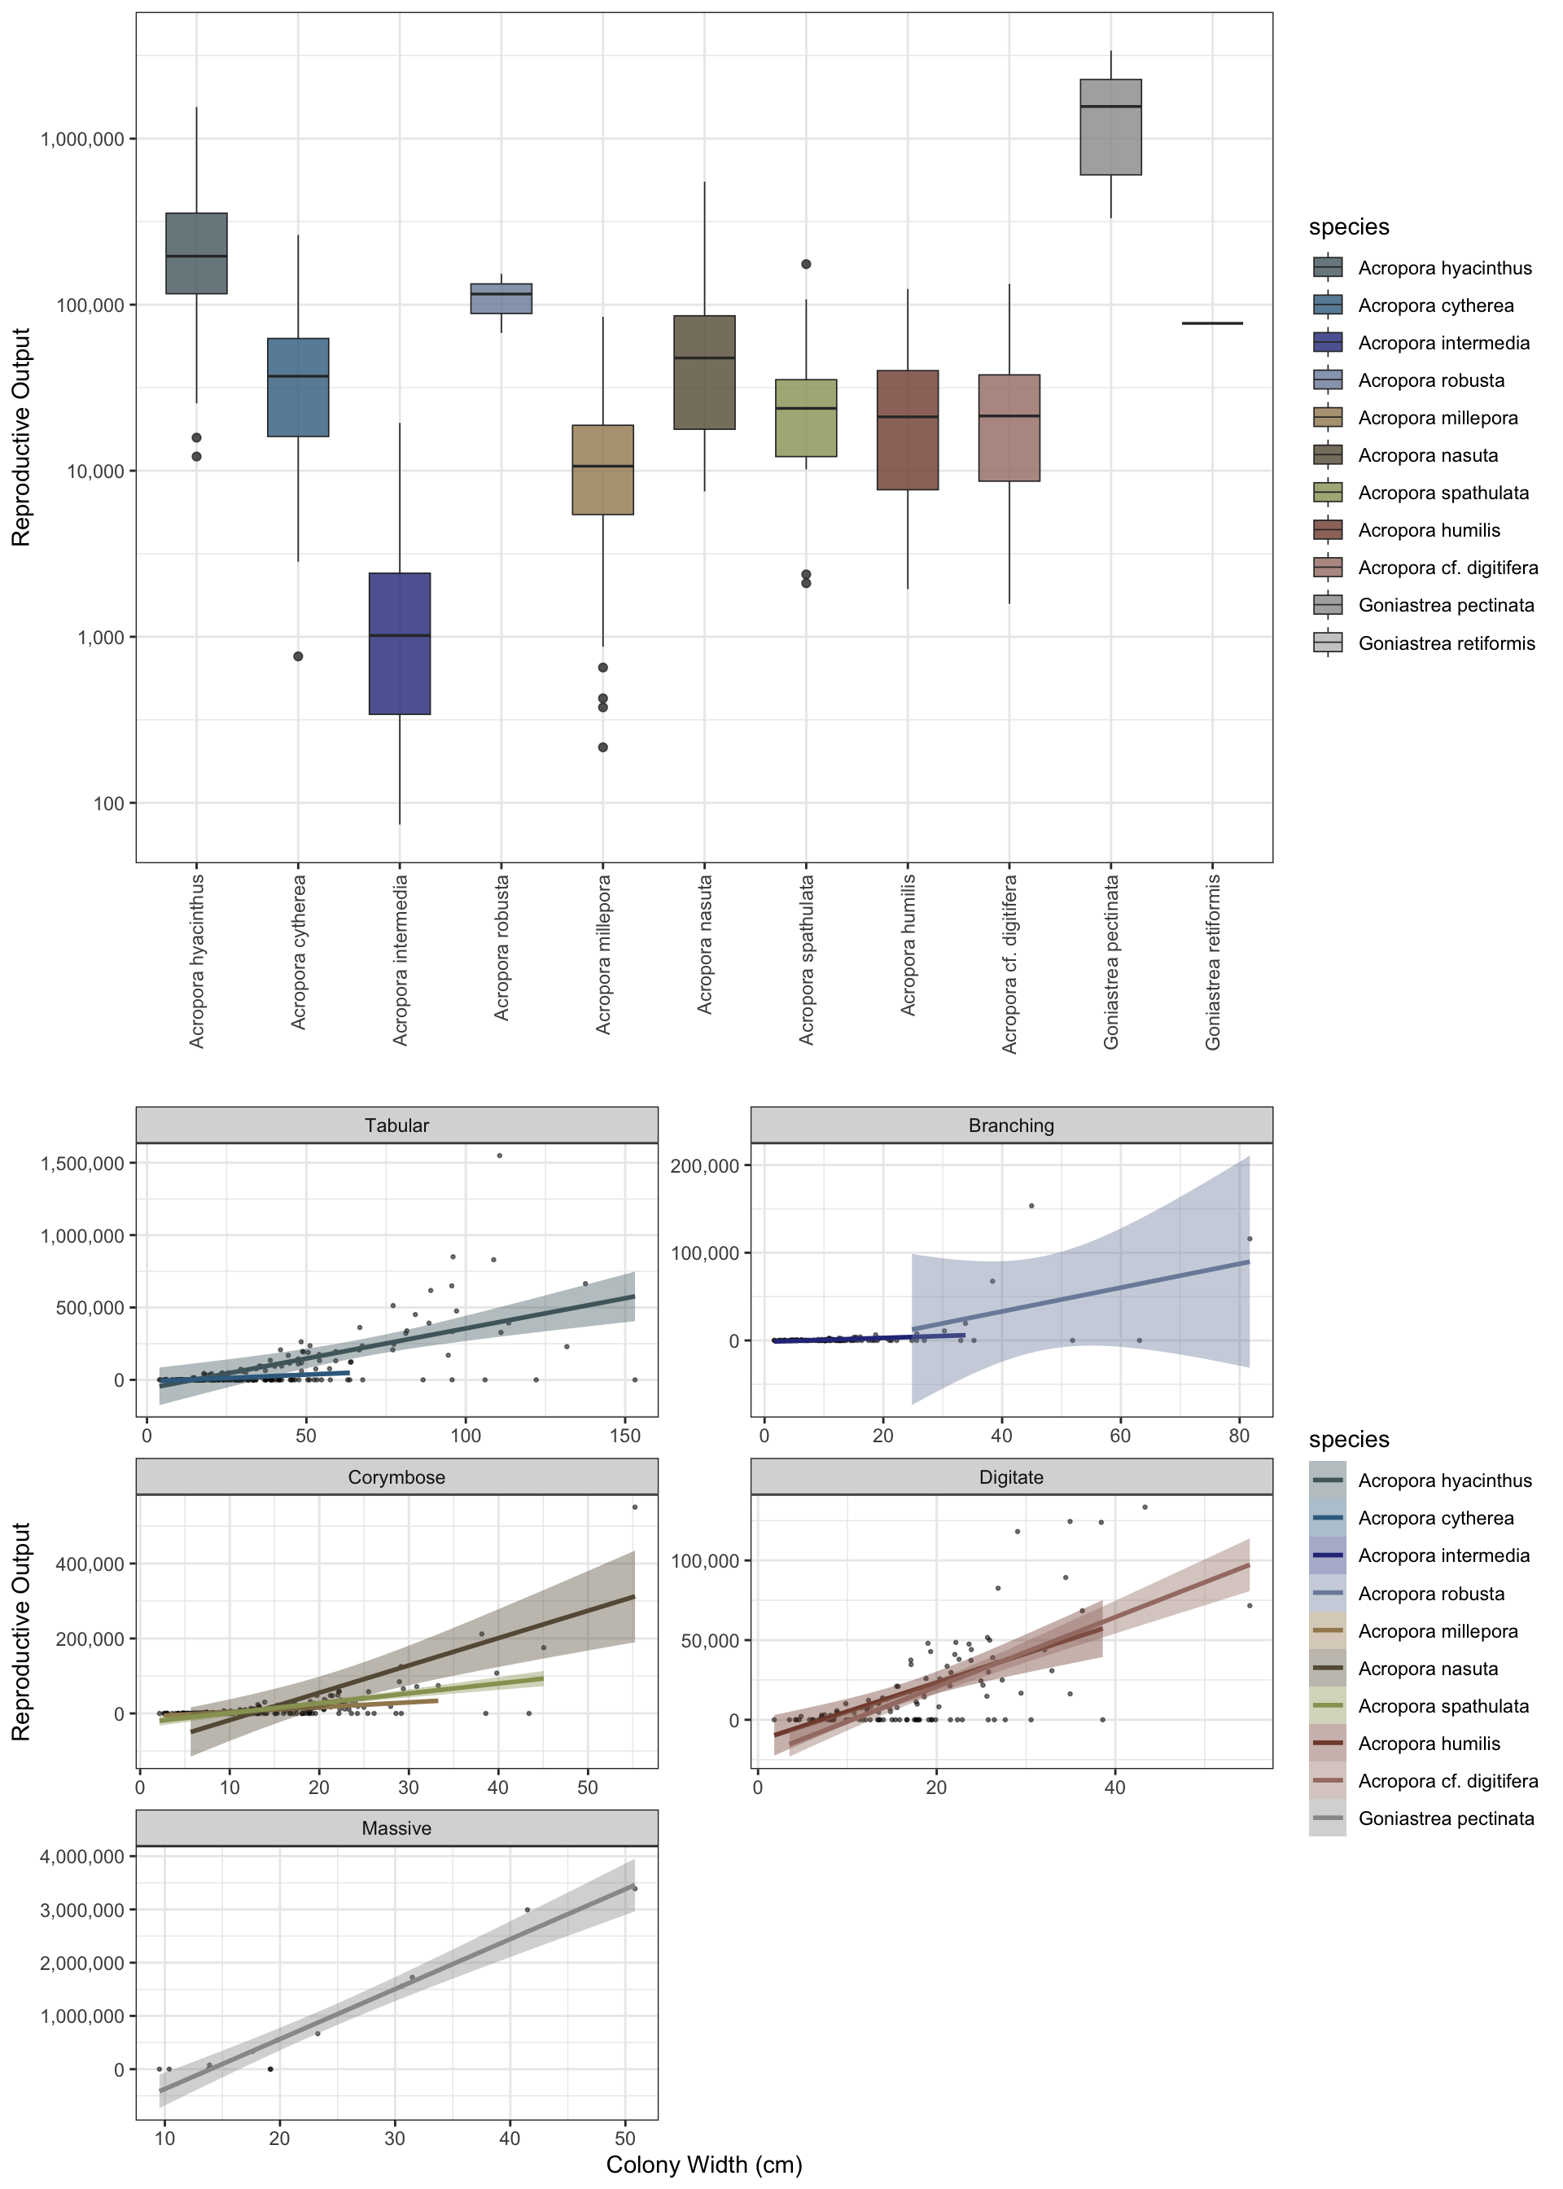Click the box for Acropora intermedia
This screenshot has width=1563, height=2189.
click(400, 643)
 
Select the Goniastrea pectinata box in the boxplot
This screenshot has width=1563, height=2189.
click(1110, 127)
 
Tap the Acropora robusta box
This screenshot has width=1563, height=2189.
click(501, 298)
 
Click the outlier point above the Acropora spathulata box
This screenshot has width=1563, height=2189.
click(807, 264)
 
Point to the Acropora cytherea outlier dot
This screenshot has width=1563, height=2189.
click(299, 656)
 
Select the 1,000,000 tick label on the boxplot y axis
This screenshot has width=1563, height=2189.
click(83, 139)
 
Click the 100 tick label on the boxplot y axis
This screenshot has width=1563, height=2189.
click(109, 804)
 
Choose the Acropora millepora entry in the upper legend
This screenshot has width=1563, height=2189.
click(1437, 418)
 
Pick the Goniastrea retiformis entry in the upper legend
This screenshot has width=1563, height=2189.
click(1446, 643)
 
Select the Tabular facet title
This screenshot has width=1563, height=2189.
click(396, 1125)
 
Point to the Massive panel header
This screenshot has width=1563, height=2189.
click(396, 1828)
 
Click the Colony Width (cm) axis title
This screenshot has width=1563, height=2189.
click(703, 2165)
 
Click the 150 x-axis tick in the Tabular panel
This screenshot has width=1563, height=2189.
click(625, 1435)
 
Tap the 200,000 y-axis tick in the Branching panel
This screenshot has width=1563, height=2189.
click(704, 1165)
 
